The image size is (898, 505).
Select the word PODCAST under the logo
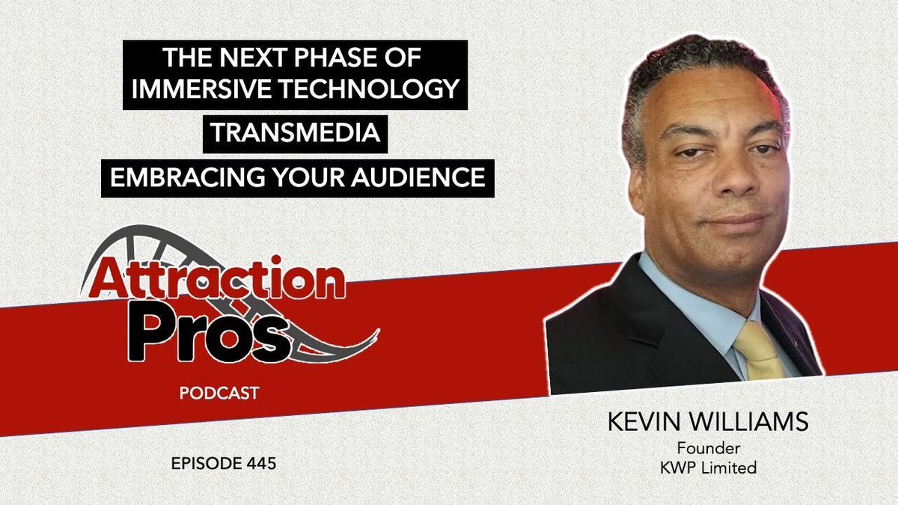pyautogui.click(x=219, y=392)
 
